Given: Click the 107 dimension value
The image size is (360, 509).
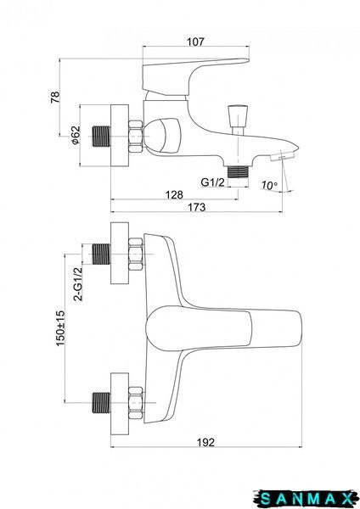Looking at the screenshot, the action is coord(195,42).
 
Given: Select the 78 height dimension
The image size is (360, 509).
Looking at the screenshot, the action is coord(55,97).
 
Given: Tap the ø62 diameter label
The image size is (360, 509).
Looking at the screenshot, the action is coord(75,135).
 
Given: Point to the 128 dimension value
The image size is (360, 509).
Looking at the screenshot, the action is coord(174,194).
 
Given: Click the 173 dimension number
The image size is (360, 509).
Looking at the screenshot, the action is coord(197,207).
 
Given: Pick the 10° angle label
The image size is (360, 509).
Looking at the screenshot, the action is coord(269,185).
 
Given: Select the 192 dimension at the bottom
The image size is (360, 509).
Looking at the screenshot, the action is coord(206,442).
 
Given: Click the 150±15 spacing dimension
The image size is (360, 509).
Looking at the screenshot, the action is coord(61,328).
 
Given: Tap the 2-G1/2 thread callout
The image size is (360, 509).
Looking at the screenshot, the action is coord(78,284).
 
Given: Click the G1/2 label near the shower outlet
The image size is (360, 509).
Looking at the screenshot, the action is coord(212,182).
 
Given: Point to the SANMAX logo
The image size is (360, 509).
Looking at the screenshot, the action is coord(306,498).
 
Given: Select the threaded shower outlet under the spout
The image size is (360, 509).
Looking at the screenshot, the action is coord(238,171).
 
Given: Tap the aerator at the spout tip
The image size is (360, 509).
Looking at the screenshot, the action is coord(282,157).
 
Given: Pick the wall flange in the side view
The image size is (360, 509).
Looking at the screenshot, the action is coord(120,136).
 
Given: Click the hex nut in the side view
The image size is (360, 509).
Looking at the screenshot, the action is coord(136,137).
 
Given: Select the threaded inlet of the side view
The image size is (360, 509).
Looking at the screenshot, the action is coord(101,136).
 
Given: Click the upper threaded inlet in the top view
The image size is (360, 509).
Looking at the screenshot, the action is coord(101,254).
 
